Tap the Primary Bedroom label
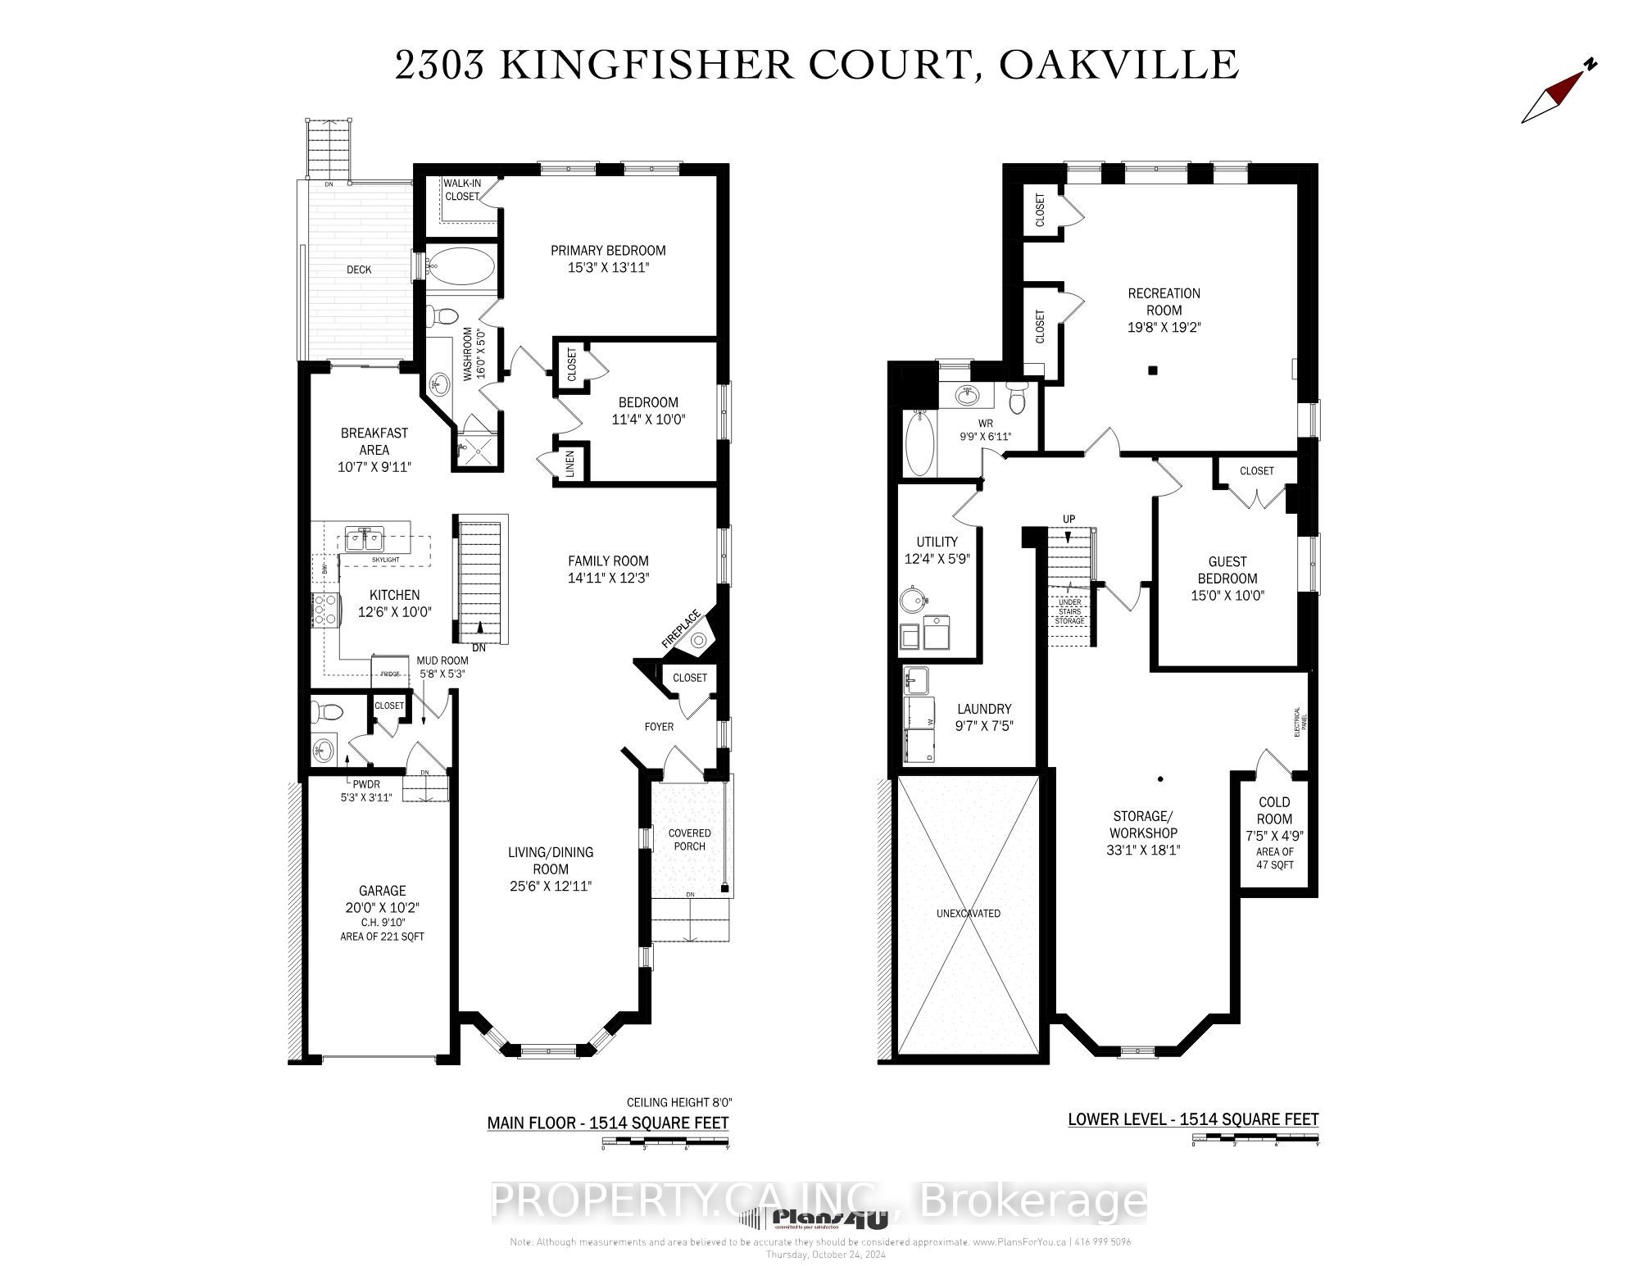(607, 251)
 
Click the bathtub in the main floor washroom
(461, 267)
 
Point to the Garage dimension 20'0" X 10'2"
(382, 907)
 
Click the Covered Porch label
(689, 839)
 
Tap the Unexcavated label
(969, 913)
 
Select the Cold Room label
(1273, 810)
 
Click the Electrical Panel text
(1300, 722)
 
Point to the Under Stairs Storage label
(1069, 611)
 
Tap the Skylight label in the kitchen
(384, 559)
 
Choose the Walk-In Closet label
(461, 190)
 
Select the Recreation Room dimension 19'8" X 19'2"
(1164, 327)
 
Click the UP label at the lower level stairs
(1069, 519)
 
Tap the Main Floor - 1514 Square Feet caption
(607, 1123)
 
